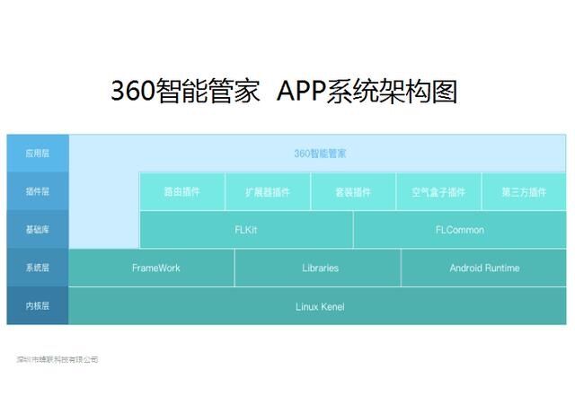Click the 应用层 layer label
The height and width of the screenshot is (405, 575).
(37, 154)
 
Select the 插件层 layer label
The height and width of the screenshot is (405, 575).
(37, 191)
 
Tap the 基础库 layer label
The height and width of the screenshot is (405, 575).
(37, 230)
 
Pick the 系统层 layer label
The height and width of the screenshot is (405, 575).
(37, 268)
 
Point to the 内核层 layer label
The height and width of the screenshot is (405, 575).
(37, 306)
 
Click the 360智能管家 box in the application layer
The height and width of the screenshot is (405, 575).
(320, 154)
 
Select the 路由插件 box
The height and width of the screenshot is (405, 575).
(181, 192)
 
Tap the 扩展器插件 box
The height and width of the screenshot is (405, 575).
(268, 192)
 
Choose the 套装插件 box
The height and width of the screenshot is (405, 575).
(353, 192)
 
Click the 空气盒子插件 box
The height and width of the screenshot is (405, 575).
(438, 192)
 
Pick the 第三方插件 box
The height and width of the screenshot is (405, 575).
(524, 192)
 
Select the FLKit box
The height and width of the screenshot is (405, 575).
(246, 230)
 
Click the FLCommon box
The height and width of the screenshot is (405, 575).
(460, 230)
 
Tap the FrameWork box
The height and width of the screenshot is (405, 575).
(155, 269)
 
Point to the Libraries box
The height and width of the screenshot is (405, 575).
(320, 269)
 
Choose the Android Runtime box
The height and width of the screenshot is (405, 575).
(484, 269)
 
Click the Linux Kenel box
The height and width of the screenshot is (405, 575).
(320, 307)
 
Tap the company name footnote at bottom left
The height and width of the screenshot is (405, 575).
(57, 359)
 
